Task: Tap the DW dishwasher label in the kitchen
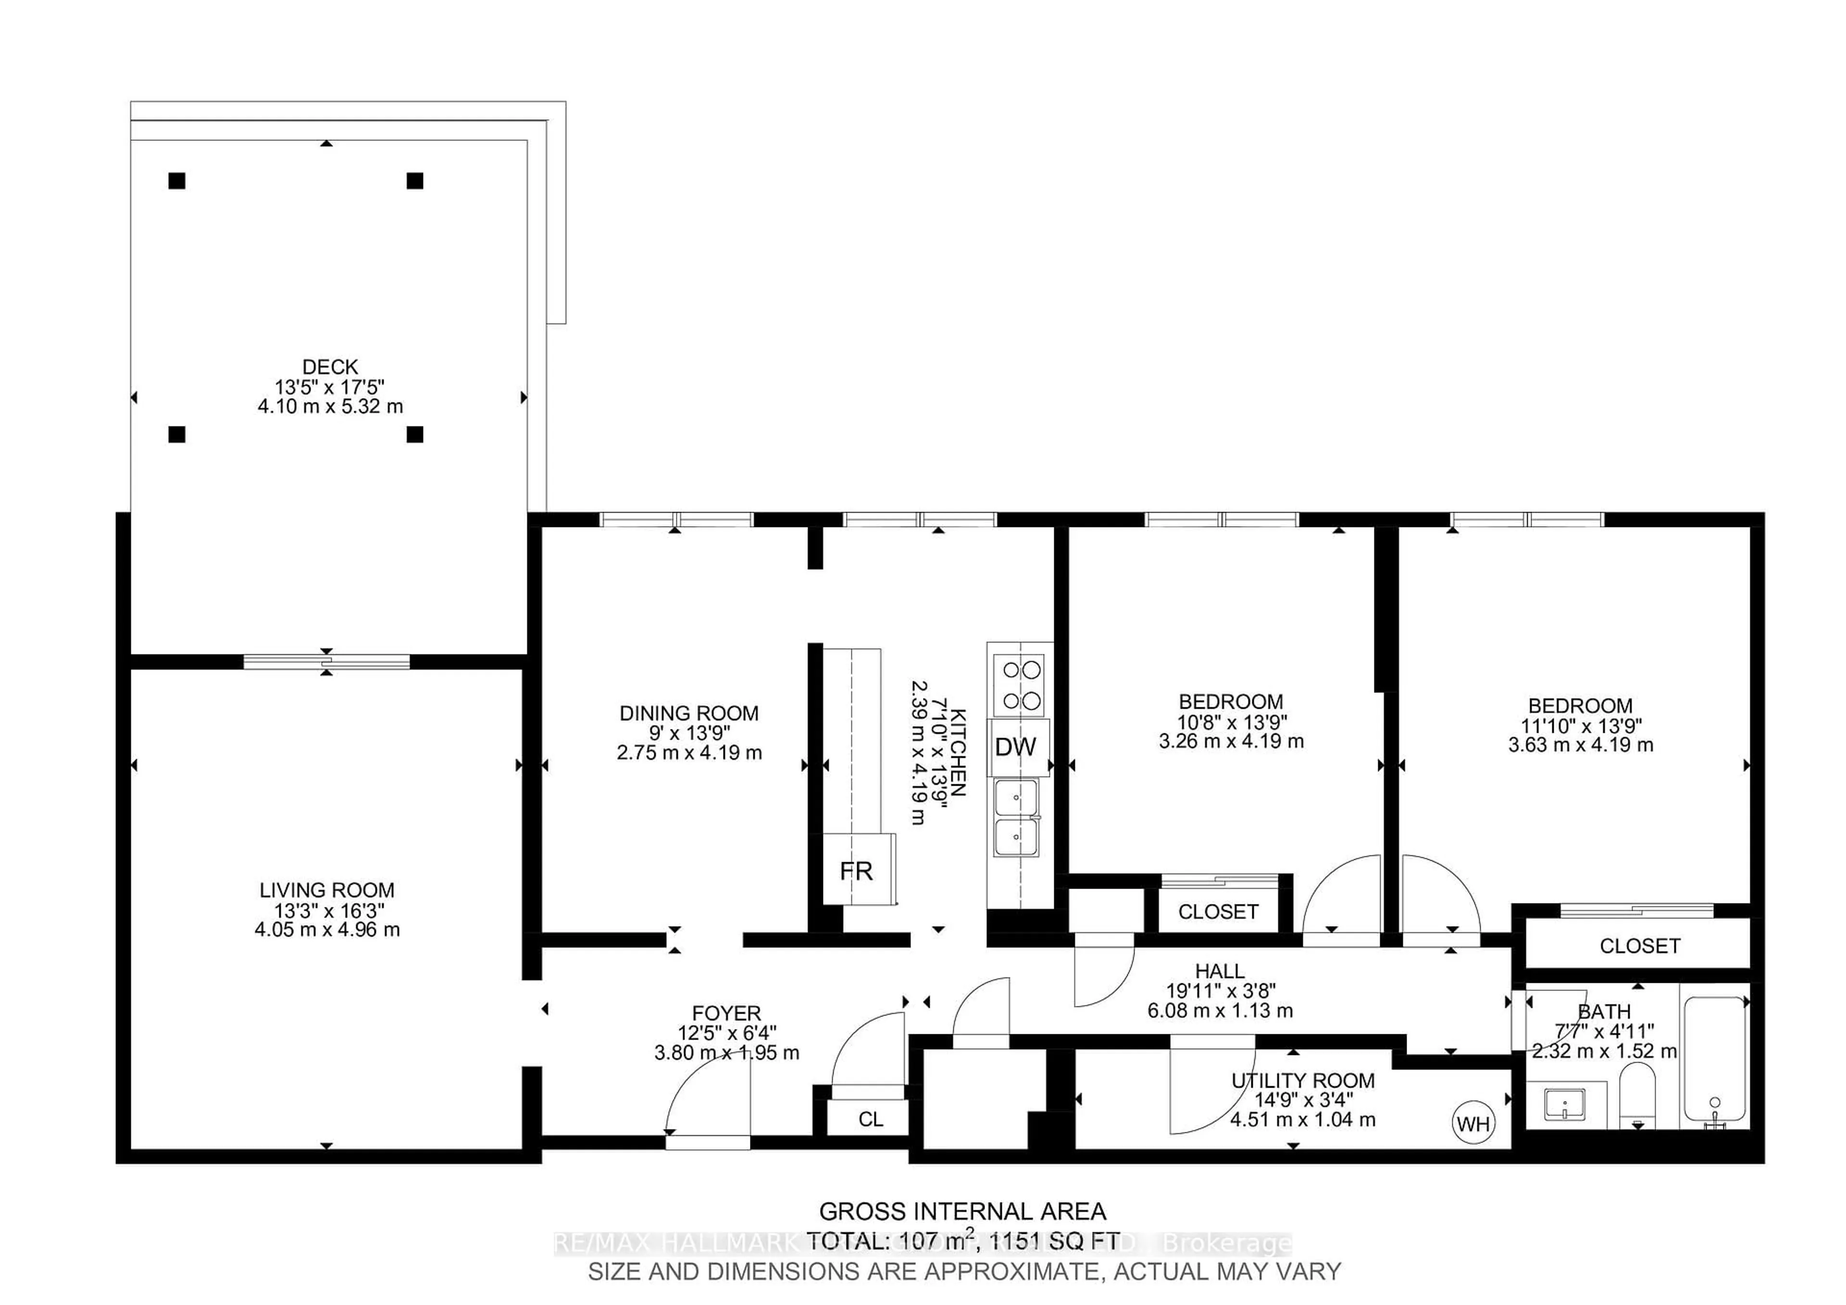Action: pyautogui.click(x=1015, y=747)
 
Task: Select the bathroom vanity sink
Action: pyautogui.click(x=1564, y=1104)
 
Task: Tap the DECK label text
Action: pyautogui.click(x=330, y=367)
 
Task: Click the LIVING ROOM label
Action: pyautogui.click(x=326, y=890)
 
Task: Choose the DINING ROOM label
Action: pyautogui.click(x=689, y=713)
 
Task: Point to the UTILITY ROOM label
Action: pyautogui.click(x=1302, y=1080)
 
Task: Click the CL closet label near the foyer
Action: pyautogui.click(x=870, y=1119)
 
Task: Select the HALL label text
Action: pyautogui.click(x=1220, y=971)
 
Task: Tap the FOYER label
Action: pyautogui.click(x=726, y=1013)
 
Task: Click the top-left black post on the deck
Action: pyautogui.click(x=177, y=181)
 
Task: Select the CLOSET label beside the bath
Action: pyautogui.click(x=1639, y=946)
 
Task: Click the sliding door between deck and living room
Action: pyautogui.click(x=326, y=662)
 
